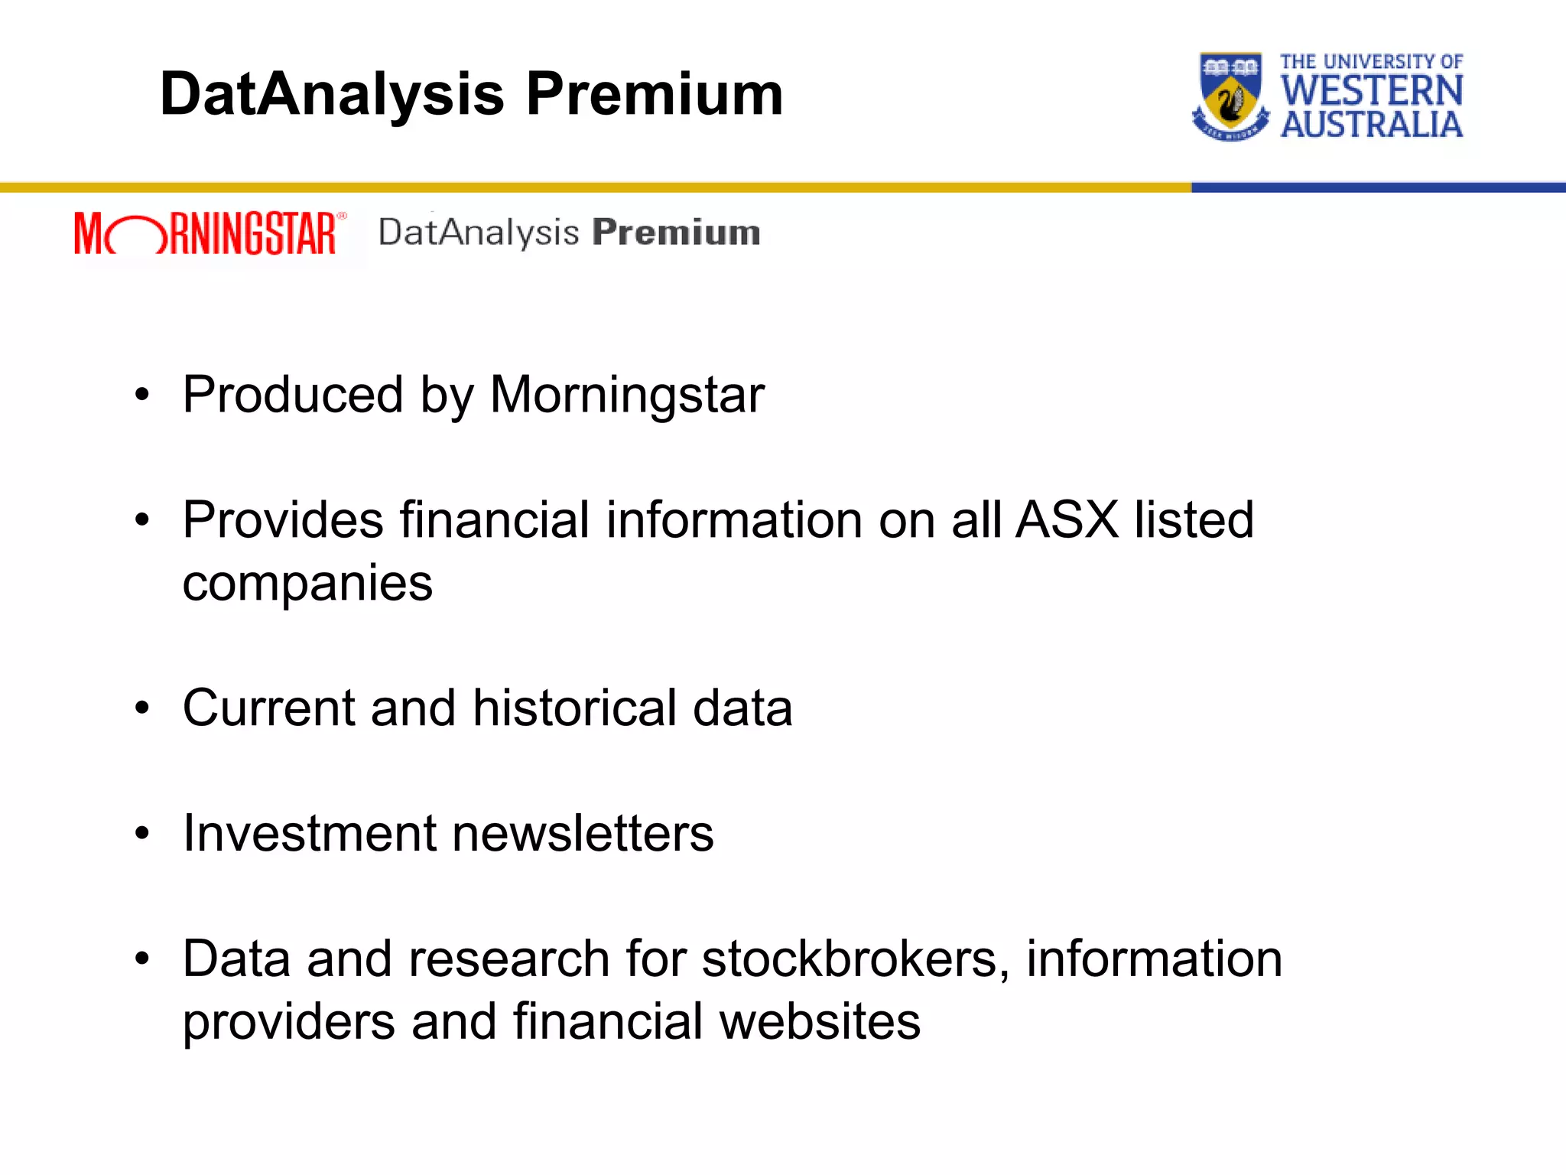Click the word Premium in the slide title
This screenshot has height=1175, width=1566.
pyautogui.click(x=655, y=95)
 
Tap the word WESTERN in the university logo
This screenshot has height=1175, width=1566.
pyautogui.click(x=1372, y=91)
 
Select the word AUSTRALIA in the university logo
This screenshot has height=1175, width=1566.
pyautogui.click(x=1372, y=125)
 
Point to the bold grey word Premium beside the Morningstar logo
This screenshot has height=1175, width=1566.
pyautogui.click(x=676, y=233)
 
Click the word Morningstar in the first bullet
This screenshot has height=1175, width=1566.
pyautogui.click(x=627, y=395)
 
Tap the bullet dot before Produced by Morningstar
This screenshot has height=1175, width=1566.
pyautogui.click(x=142, y=395)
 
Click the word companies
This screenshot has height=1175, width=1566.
pyautogui.click(x=307, y=584)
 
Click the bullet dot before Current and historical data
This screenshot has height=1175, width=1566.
pyautogui.click(x=142, y=708)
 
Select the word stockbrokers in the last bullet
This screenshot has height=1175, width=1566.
pyautogui.click(x=850, y=959)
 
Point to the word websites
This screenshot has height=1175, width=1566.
pyautogui.click(x=820, y=1022)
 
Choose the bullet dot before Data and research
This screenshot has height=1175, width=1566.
pyautogui.click(x=142, y=959)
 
